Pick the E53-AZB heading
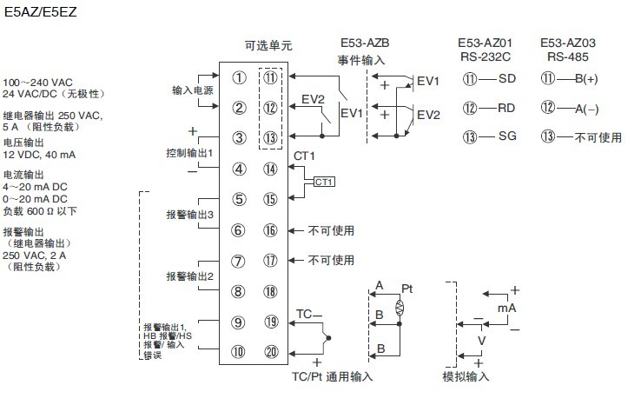[x=363, y=43]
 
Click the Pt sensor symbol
[x=400, y=308]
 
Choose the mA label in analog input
[x=506, y=309]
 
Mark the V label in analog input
[x=482, y=342]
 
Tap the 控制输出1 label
[x=189, y=154]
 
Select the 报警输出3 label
[x=189, y=215]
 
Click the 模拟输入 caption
[x=466, y=376]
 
